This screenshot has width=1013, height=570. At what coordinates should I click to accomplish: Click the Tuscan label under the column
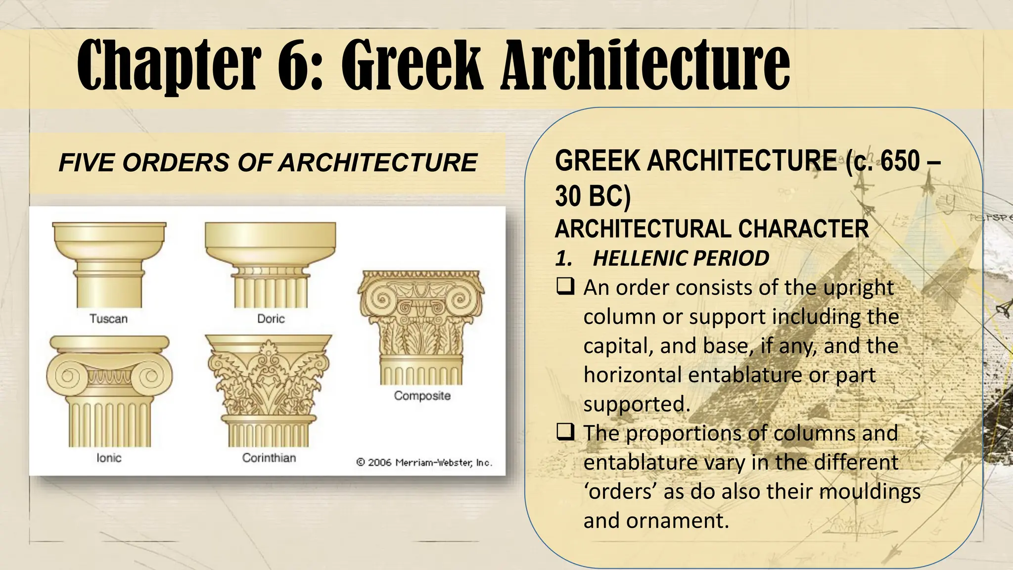pyautogui.click(x=108, y=319)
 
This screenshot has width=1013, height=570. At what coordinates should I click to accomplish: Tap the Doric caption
pyautogui.click(x=271, y=319)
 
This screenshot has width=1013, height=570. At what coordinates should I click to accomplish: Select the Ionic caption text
pyautogui.click(x=109, y=458)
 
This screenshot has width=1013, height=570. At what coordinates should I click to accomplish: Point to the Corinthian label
pyautogui.click(x=269, y=458)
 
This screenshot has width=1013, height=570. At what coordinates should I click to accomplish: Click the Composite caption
pyautogui.click(x=422, y=396)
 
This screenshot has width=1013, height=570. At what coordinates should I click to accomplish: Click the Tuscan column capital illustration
pyautogui.click(x=109, y=265)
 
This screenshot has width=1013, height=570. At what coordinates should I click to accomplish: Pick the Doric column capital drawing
pyautogui.click(x=270, y=265)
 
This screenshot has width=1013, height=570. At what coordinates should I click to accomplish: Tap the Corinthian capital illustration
pyautogui.click(x=269, y=391)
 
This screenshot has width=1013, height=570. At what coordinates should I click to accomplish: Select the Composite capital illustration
pyautogui.click(x=421, y=327)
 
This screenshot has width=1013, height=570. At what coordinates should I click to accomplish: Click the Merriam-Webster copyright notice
pyautogui.click(x=424, y=463)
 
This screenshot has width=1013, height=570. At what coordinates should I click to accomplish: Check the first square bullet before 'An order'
pyautogui.click(x=565, y=287)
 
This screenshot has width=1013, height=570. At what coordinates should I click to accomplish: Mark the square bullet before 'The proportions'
pyautogui.click(x=565, y=433)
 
